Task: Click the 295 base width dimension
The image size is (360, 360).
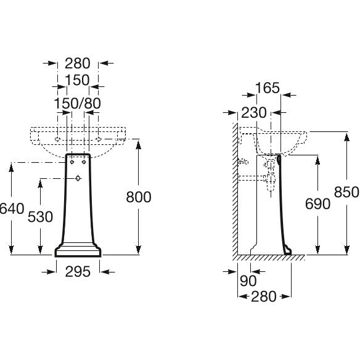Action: (78, 272)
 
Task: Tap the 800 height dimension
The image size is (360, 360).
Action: (139, 197)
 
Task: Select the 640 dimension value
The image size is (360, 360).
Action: (12, 208)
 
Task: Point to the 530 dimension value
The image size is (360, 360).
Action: (41, 217)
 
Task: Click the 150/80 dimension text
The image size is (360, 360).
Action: (78, 104)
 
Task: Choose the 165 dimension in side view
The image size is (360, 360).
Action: (268, 88)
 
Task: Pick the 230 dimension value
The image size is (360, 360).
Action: (254, 112)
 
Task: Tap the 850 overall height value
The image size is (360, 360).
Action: (346, 192)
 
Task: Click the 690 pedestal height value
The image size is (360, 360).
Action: (317, 204)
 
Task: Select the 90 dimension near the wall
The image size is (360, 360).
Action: (248, 280)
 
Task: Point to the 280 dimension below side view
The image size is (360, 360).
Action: (264, 297)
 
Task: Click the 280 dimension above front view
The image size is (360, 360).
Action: (78, 63)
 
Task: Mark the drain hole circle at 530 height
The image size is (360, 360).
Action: (78, 178)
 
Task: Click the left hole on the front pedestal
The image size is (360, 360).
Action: (72, 162)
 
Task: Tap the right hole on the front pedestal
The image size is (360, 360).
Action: (84, 162)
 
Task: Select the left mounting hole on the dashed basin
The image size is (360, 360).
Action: (57, 139)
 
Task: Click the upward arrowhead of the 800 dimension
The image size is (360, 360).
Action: (138, 145)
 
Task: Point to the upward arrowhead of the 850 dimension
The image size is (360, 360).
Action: (347, 137)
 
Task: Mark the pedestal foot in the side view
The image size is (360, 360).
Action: (287, 250)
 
